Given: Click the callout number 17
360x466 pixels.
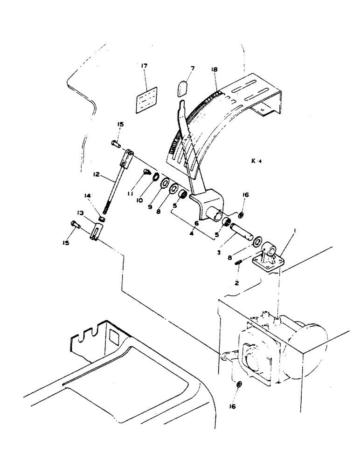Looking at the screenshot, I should click(144, 67).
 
